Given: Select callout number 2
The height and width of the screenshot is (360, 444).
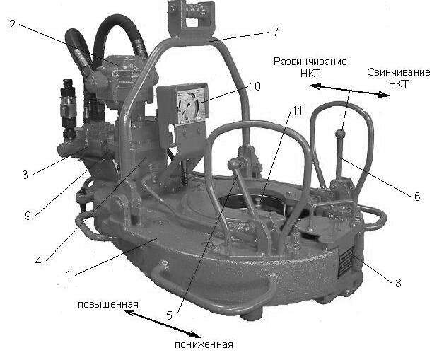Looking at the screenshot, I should [x=13, y=24].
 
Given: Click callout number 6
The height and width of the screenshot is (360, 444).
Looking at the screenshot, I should [x=417, y=196].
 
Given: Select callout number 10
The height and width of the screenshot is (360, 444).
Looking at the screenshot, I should [x=254, y=87].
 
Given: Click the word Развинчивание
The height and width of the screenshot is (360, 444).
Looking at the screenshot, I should [x=310, y=62].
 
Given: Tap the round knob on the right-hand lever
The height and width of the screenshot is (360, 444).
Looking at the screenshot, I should [x=340, y=133].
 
